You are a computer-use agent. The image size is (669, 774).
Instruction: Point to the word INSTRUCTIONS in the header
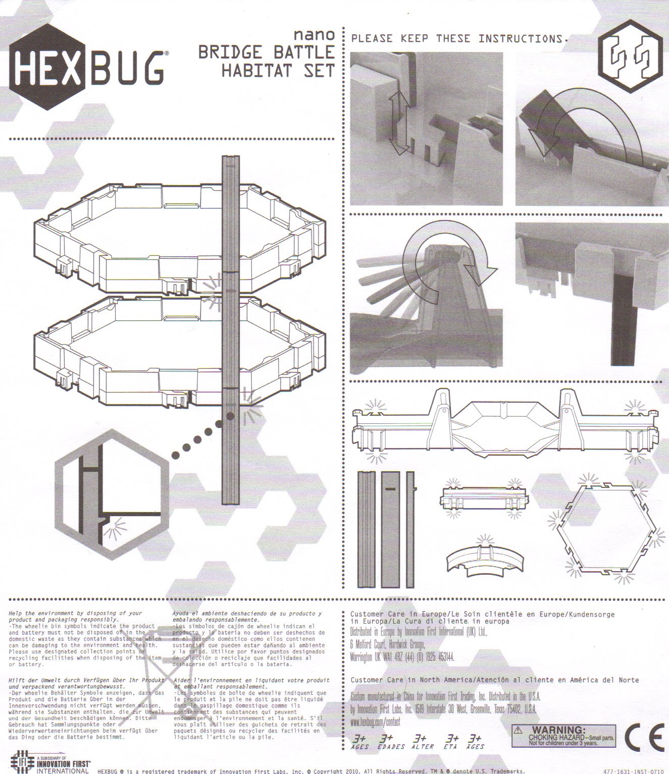pyautogui.click(x=523, y=39)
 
